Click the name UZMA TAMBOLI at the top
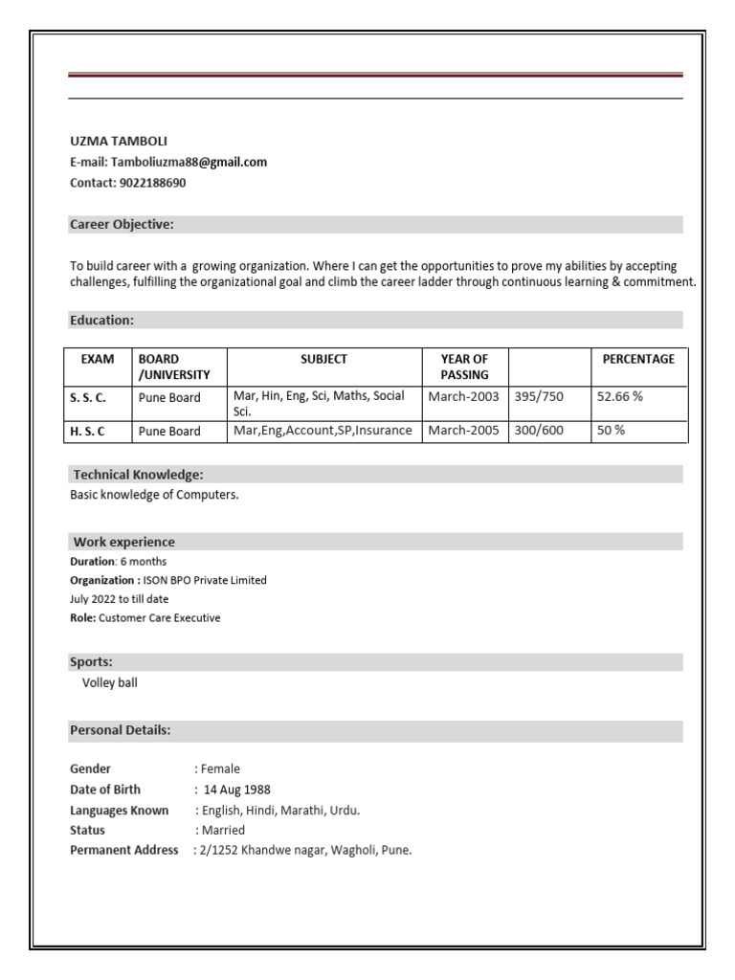coord(119,141)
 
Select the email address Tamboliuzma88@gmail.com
coord(189,162)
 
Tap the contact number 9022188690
coord(152,183)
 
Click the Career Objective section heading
coord(122,225)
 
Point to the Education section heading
coord(101,320)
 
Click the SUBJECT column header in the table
coord(323,360)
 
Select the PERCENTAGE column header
coord(637,360)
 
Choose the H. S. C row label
coord(87,431)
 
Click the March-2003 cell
coord(463,396)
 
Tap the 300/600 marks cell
coord(539,431)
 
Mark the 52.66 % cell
coord(619,396)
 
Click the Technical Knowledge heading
coord(138,475)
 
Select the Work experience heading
coord(123,542)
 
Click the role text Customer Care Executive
coord(159,618)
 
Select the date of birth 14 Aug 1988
coord(236,790)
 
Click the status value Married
coord(222,830)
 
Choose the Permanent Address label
coord(124,850)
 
